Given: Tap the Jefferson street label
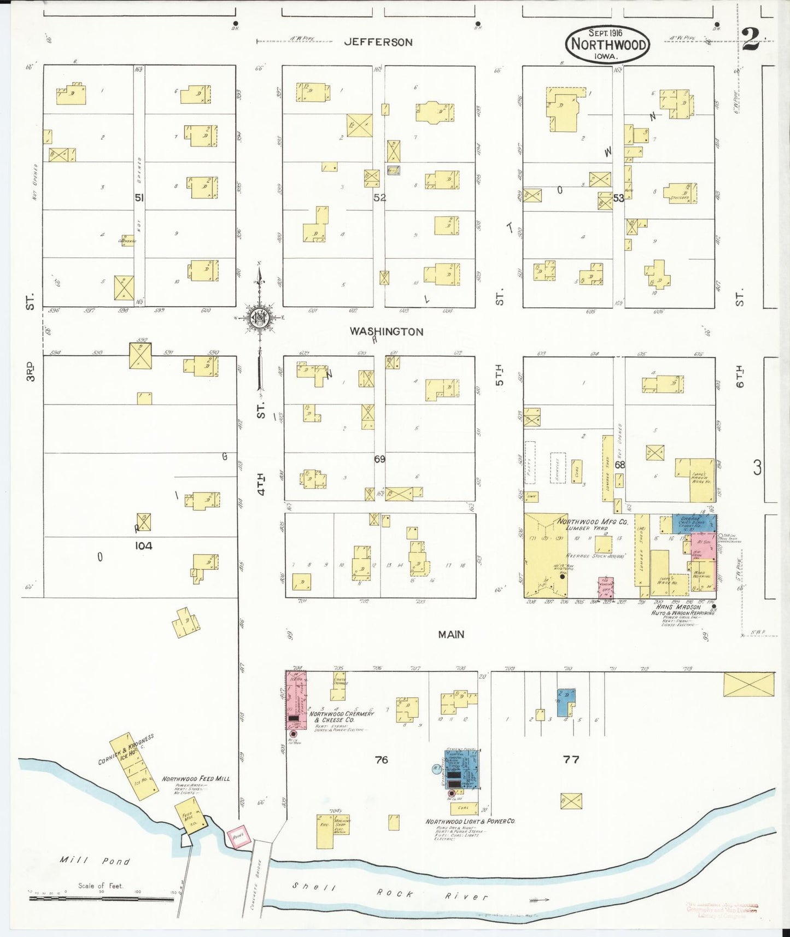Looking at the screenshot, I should point(378,42).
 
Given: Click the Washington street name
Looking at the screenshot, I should point(387,331).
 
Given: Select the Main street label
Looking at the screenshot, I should point(451,634).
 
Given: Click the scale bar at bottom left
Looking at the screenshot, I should point(101,898).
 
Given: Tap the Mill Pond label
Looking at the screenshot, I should point(95,861).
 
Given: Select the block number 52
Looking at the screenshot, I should point(379,197).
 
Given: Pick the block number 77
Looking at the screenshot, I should point(571,759).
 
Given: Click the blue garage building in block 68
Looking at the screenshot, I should point(693,523).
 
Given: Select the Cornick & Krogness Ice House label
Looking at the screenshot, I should point(127,750).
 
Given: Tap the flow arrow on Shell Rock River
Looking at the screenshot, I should point(540,900).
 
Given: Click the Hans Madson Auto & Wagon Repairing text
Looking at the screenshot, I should point(682,611).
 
